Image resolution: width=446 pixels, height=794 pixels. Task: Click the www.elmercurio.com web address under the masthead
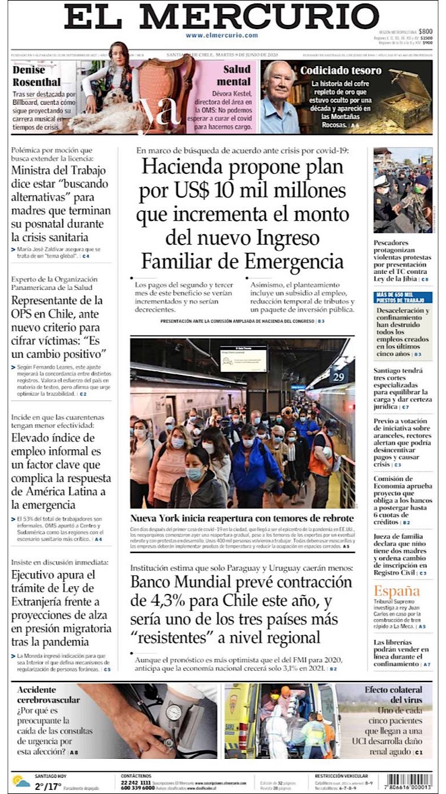pyautogui.click(x=221, y=35)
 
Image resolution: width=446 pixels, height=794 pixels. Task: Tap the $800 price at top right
pyautogui.click(x=425, y=32)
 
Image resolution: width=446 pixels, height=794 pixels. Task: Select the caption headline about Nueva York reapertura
pyautogui.click(x=242, y=518)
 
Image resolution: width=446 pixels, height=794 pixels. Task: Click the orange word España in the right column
pyautogui.click(x=397, y=591)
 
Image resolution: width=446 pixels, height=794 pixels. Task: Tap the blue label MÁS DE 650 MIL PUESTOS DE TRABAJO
pyautogui.click(x=402, y=298)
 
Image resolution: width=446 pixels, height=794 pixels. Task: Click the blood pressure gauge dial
pyautogui.click(x=173, y=712)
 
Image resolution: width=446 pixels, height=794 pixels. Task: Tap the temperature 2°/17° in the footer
pyautogui.click(x=48, y=786)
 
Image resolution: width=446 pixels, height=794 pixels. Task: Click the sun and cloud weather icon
pyautogui.click(x=21, y=781)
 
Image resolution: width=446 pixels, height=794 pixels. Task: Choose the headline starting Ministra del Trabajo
pyautogui.click(x=61, y=204)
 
